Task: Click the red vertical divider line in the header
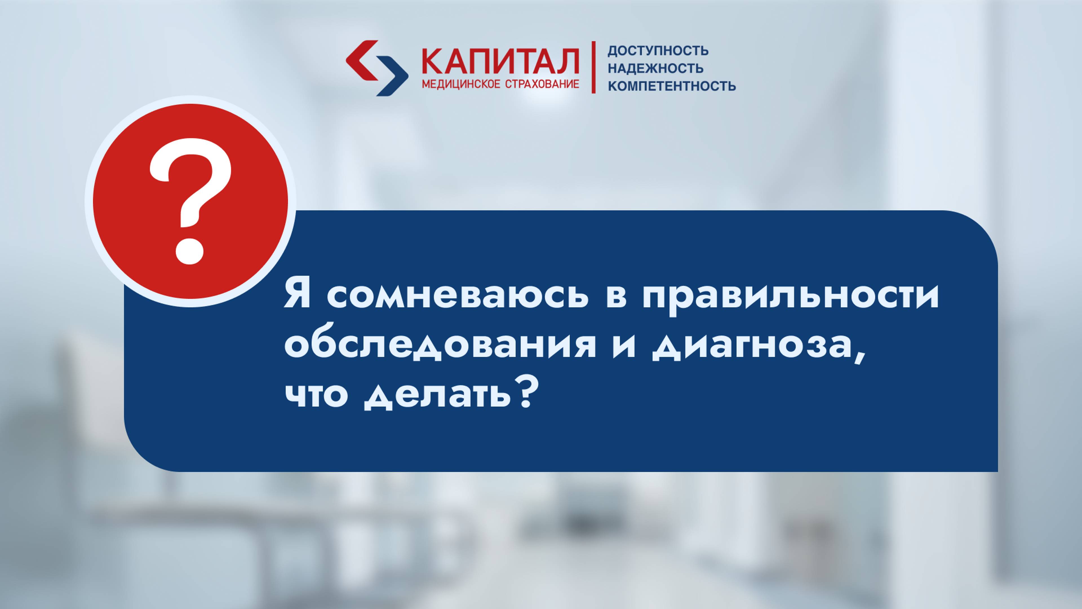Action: pos(593,67)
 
